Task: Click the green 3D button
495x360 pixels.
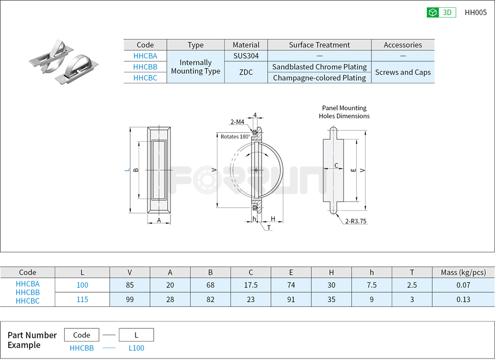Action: [441, 13]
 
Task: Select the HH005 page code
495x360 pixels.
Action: [475, 13]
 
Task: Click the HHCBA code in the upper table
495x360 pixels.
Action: [145, 56]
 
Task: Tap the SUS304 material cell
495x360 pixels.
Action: [246, 56]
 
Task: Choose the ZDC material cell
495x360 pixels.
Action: [246, 72]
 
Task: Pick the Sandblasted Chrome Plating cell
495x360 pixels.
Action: [319, 67]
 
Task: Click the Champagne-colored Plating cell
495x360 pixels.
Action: [319, 78]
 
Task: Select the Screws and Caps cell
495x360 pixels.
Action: [403, 72]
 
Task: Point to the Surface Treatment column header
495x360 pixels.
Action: [319, 45]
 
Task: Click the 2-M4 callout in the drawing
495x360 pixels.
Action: [237, 122]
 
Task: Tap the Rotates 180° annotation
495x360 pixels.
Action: [235, 136]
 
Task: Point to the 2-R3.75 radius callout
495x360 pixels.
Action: [356, 221]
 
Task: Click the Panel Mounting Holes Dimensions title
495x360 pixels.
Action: [344, 112]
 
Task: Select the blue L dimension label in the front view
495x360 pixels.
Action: [127, 169]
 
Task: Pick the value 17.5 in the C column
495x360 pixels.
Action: [251, 285]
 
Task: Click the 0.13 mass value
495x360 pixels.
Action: [463, 300]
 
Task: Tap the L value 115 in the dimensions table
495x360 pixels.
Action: [82, 300]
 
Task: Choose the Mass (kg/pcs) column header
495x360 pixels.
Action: [463, 272]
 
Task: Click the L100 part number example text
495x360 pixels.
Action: [136, 348]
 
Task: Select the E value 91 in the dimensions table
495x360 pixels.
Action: [291, 300]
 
